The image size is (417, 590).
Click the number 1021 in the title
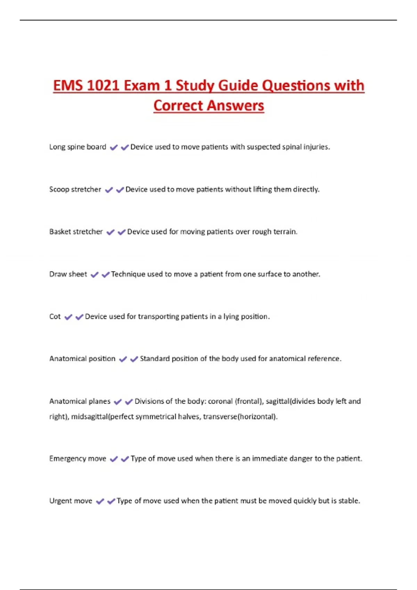[x=103, y=86]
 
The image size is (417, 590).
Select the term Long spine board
[x=77, y=147]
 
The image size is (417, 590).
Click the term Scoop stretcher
[x=75, y=189]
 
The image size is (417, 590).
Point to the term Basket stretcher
[x=76, y=232]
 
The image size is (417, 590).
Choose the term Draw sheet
[x=68, y=274]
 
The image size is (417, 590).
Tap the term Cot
[x=55, y=317]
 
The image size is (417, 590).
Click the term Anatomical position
[x=82, y=359]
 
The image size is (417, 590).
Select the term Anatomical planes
[x=80, y=402]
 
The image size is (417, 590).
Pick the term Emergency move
[x=77, y=459]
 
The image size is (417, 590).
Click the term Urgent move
[x=71, y=501]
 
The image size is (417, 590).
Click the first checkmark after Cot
[x=68, y=317]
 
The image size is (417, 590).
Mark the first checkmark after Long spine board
[x=114, y=147]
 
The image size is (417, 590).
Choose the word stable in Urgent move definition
[x=349, y=501]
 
